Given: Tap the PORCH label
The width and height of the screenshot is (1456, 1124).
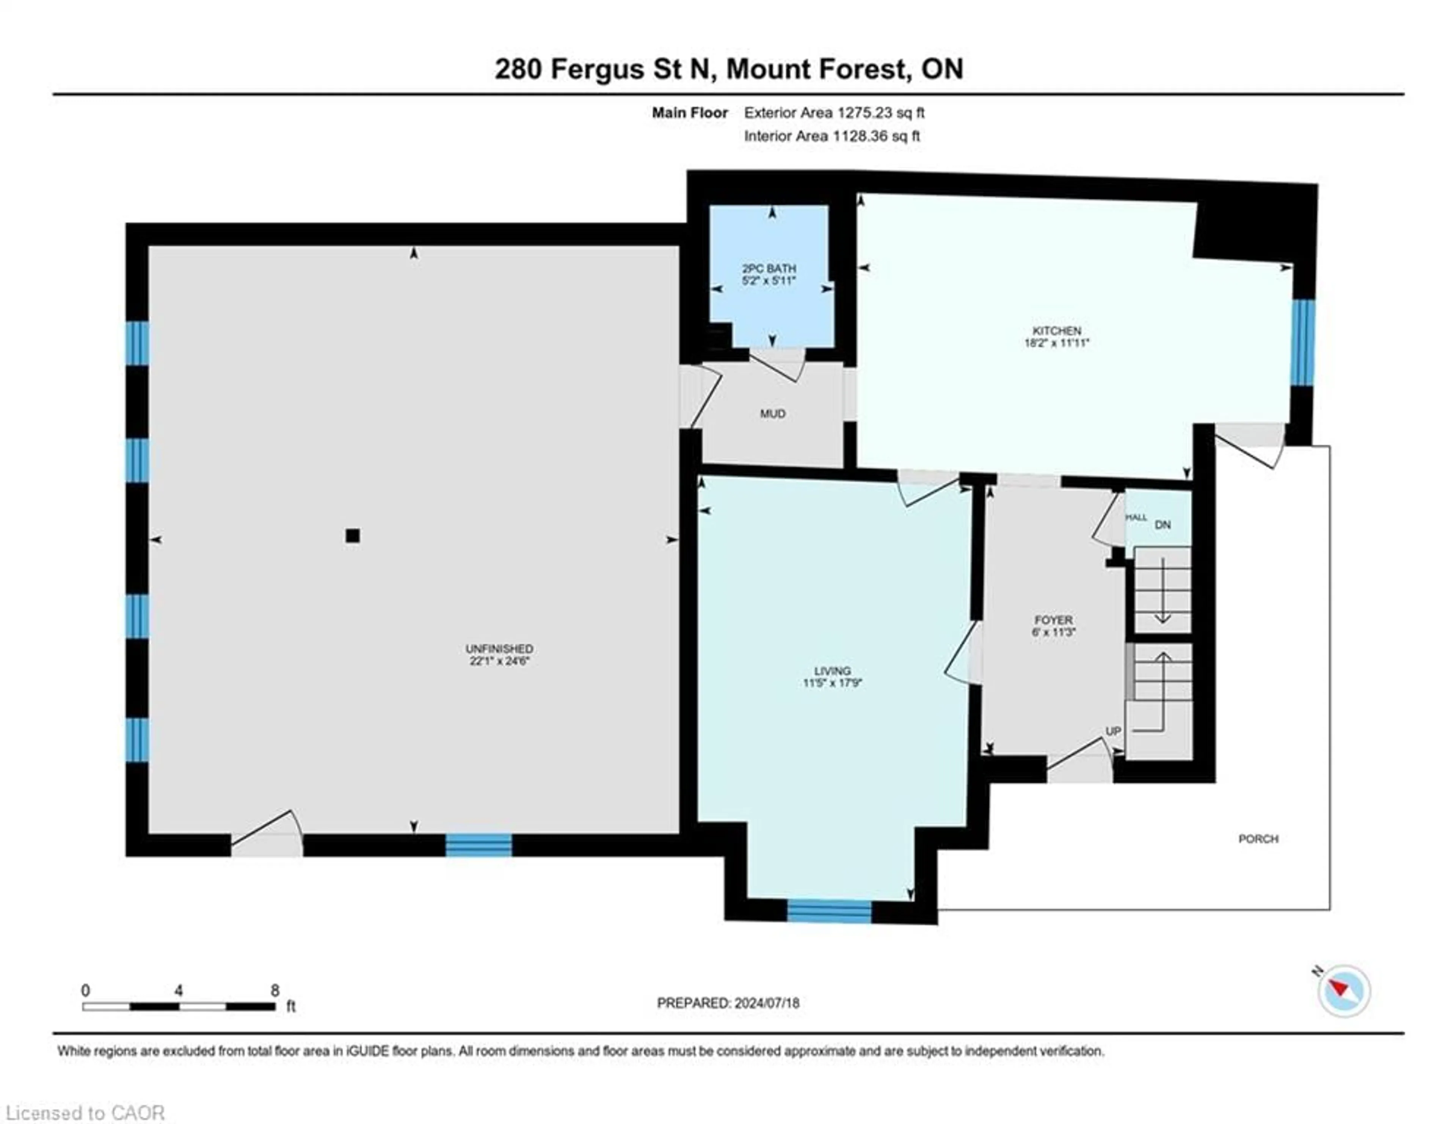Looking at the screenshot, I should coord(1258,839).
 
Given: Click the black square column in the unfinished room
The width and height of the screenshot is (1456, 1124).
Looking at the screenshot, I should coord(353,536).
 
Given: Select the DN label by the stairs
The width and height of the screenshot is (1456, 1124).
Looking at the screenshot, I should coord(1163,525).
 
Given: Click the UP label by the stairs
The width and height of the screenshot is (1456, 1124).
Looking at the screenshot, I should coord(1113,732).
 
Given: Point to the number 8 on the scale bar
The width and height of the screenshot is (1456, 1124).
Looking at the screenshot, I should coord(275,991).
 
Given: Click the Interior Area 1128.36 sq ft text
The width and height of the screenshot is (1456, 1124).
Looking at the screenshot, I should coord(832,136).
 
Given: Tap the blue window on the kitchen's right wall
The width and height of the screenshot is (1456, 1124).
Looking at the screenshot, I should coord(1302,343).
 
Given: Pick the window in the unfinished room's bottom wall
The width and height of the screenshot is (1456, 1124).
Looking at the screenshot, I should coord(478,845).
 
